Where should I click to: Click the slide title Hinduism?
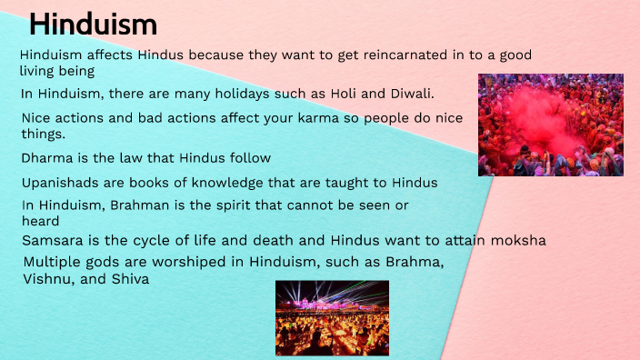point(94,25)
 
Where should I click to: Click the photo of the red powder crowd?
point(550,125)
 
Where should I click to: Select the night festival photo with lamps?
point(332,317)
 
